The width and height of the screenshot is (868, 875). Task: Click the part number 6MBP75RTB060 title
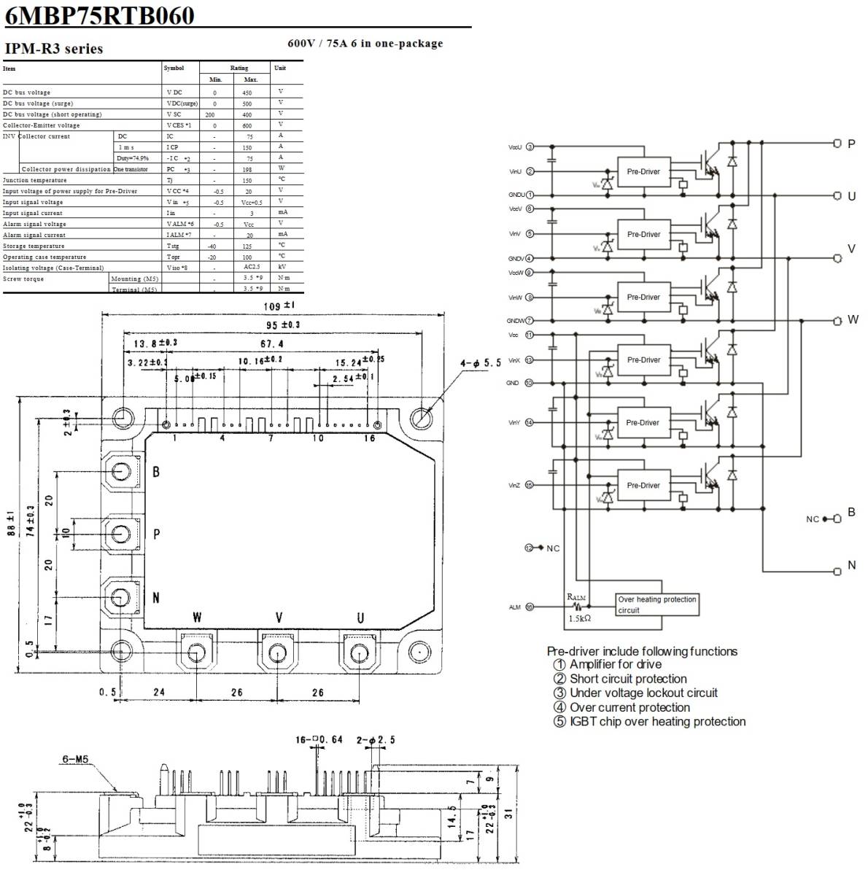point(100,15)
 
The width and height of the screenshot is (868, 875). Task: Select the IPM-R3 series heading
point(54,49)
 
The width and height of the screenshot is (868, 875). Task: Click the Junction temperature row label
point(34,180)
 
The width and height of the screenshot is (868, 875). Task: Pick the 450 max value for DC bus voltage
point(247,93)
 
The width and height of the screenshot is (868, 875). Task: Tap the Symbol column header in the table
point(174,68)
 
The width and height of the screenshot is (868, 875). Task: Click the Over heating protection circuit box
point(657,604)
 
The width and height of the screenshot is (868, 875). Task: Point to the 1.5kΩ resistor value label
point(580,618)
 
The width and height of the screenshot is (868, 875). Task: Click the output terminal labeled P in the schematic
point(838,144)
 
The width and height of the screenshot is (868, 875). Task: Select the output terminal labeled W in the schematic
point(838,320)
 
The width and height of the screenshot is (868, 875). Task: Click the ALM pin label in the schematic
point(515,607)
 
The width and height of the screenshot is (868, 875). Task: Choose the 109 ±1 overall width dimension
point(277,306)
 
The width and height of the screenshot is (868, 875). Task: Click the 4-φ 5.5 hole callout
point(481,362)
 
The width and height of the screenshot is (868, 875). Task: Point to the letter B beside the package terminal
point(156,472)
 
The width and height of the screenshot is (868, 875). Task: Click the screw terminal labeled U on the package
point(357,651)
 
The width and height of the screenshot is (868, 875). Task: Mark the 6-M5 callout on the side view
point(74,758)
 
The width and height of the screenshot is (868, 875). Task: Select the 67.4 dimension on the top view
point(271,344)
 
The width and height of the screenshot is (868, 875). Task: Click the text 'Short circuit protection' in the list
point(628,679)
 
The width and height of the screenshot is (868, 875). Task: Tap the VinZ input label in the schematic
point(515,486)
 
